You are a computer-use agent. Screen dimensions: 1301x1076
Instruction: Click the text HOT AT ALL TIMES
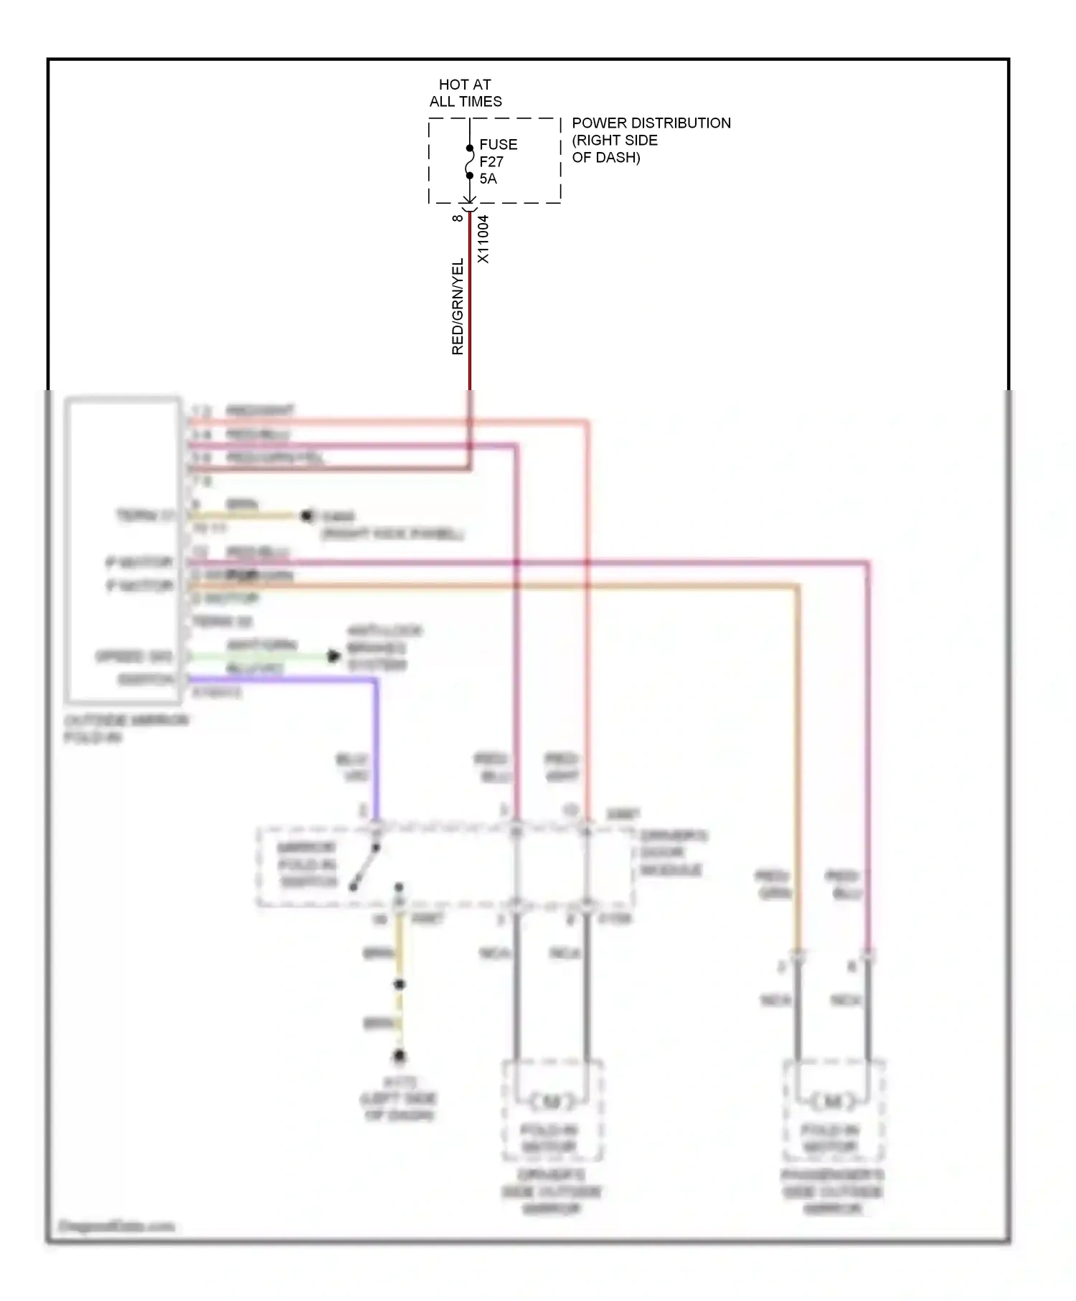(x=465, y=93)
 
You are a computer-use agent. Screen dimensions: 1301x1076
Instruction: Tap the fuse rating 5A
(x=488, y=179)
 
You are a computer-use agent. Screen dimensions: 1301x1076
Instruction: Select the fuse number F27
(x=491, y=161)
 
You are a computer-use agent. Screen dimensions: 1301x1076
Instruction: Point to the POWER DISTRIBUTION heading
(x=651, y=123)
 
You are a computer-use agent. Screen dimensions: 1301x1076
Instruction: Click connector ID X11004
(x=483, y=239)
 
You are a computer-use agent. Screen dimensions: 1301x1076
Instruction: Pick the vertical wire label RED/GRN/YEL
(x=457, y=307)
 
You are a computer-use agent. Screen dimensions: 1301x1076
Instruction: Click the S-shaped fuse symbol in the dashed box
(x=470, y=162)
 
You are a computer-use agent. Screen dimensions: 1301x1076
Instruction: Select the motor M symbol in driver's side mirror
(x=551, y=1101)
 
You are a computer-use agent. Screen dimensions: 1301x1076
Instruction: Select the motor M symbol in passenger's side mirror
(x=833, y=1101)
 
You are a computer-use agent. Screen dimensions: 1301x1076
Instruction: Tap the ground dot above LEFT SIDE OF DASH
(x=400, y=1055)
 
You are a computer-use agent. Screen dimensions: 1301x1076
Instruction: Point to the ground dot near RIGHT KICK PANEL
(x=307, y=515)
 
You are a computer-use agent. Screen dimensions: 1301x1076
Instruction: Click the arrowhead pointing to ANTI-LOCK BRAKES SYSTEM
(x=334, y=656)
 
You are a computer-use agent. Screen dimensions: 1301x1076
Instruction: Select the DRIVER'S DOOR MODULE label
(x=671, y=853)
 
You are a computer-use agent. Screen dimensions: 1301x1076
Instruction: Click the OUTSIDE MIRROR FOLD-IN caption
(x=126, y=728)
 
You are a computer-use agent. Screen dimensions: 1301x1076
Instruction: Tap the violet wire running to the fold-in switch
(x=375, y=753)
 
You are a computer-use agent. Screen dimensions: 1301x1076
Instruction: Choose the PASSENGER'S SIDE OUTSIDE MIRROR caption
(x=832, y=1191)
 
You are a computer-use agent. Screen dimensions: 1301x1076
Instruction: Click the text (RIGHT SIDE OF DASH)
(x=614, y=148)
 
